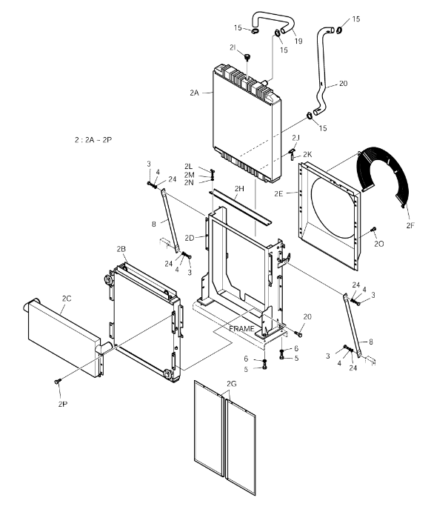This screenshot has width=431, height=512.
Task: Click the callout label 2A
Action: (194, 93)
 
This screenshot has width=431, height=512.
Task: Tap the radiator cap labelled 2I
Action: (248, 58)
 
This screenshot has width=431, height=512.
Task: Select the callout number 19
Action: (298, 41)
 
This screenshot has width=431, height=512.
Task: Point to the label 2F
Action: (410, 225)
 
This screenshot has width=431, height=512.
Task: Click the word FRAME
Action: (241, 328)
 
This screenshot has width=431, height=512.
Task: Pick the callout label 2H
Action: (239, 189)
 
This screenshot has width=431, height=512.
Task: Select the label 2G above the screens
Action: (231, 384)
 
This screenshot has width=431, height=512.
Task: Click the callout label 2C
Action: (67, 299)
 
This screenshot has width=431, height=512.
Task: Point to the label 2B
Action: (121, 249)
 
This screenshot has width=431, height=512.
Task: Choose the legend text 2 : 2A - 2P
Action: (93, 140)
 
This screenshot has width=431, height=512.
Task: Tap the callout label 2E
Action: (278, 193)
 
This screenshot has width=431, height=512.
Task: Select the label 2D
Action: (190, 238)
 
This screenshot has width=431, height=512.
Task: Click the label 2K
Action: (307, 154)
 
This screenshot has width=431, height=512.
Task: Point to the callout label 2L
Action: (188, 167)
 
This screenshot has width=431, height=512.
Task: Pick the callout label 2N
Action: (189, 182)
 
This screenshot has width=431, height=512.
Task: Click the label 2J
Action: (296, 138)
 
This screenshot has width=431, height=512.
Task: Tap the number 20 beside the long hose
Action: (343, 84)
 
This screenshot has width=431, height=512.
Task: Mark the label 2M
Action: (190, 175)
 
